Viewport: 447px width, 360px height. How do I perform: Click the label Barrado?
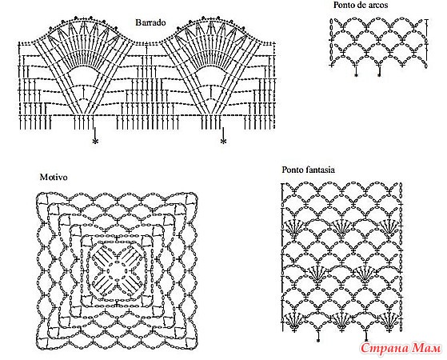150,22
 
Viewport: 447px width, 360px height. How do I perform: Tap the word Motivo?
54,177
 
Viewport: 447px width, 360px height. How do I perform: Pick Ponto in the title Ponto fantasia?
291,170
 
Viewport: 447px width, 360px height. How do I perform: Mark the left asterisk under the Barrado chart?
95,141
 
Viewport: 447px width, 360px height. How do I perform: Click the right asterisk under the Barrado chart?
223,141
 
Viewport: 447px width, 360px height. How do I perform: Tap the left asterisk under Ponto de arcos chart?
356,75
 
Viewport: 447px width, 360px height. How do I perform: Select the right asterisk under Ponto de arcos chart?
379,75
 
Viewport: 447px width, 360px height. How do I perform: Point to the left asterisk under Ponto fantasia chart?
318,340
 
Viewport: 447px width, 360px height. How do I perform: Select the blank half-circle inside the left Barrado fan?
83,74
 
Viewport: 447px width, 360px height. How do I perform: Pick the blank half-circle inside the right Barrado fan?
211,74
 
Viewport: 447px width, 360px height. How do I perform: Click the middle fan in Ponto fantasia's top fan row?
341,227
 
